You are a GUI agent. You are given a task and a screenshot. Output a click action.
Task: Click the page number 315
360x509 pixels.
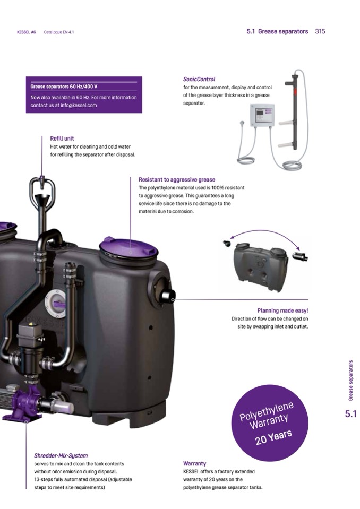pyautogui.click(x=320, y=31)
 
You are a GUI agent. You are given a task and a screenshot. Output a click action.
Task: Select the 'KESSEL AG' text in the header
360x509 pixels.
pyautogui.click(x=27, y=32)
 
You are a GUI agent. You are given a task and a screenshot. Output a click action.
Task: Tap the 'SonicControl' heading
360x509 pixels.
pyautogui.click(x=199, y=79)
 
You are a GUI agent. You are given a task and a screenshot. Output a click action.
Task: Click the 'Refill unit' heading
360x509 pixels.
pyautogui.click(x=62, y=139)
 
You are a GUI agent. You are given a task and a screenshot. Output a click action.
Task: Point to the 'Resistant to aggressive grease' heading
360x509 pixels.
pyautogui.click(x=177, y=179)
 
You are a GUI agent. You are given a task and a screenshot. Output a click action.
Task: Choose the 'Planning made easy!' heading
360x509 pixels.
pyautogui.click(x=282, y=310)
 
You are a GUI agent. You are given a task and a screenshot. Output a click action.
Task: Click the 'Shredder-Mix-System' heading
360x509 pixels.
pyautogui.click(x=61, y=456)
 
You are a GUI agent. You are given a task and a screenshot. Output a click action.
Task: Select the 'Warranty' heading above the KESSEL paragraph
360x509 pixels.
pyautogui.click(x=194, y=463)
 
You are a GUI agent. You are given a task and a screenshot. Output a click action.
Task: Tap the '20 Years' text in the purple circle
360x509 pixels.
pyautogui.click(x=273, y=437)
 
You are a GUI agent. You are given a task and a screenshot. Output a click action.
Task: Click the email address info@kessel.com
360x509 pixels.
pyautogui.click(x=79, y=105)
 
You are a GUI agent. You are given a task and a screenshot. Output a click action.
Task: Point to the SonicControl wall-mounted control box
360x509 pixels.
pyautogui.click(x=262, y=115)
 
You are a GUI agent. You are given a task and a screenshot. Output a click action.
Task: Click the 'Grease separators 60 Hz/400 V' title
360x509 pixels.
pyautogui.click(x=64, y=87)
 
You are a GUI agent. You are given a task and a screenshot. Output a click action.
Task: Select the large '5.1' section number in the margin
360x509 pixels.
pyautogui.click(x=350, y=414)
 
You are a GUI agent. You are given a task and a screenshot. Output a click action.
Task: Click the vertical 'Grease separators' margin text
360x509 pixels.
pyautogui.click(x=350, y=380)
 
